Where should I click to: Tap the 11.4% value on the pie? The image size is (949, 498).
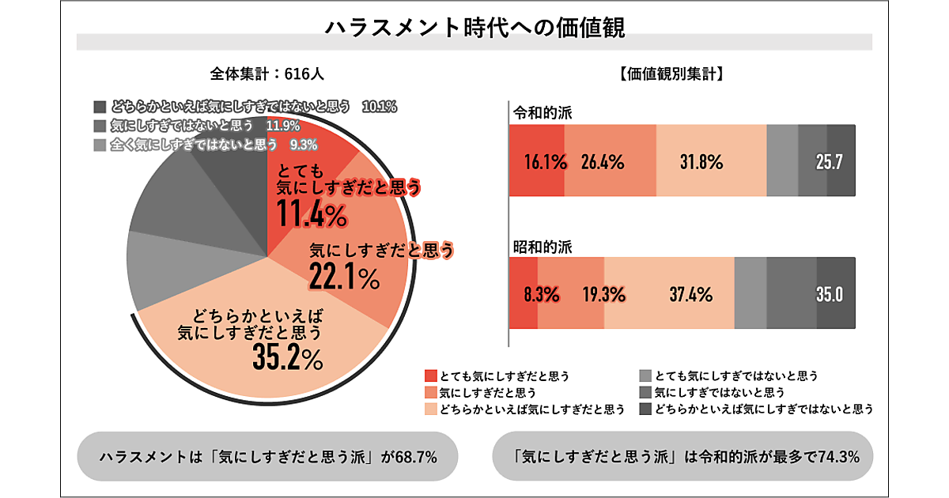pyautogui.click(x=312, y=213)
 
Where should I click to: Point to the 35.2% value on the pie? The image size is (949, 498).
pyautogui.click(x=288, y=358)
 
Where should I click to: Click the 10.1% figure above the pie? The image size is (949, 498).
pyautogui.click(x=378, y=107)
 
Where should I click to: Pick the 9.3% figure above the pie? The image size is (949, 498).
pyautogui.click(x=303, y=144)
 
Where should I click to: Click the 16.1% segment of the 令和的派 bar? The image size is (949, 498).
pyautogui.click(x=546, y=163)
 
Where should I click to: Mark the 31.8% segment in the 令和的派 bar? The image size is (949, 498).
pyautogui.click(x=701, y=163)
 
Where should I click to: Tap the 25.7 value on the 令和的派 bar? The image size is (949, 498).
pyautogui.click(x=830, y=163)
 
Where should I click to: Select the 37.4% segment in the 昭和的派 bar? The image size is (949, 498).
pyautogui.click(x=690, y=295)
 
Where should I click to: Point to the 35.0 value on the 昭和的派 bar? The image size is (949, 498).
pyautogui.click(x=830, y=295)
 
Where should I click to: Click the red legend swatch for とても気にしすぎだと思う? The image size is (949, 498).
pyautogui.click(x=431, y=375)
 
